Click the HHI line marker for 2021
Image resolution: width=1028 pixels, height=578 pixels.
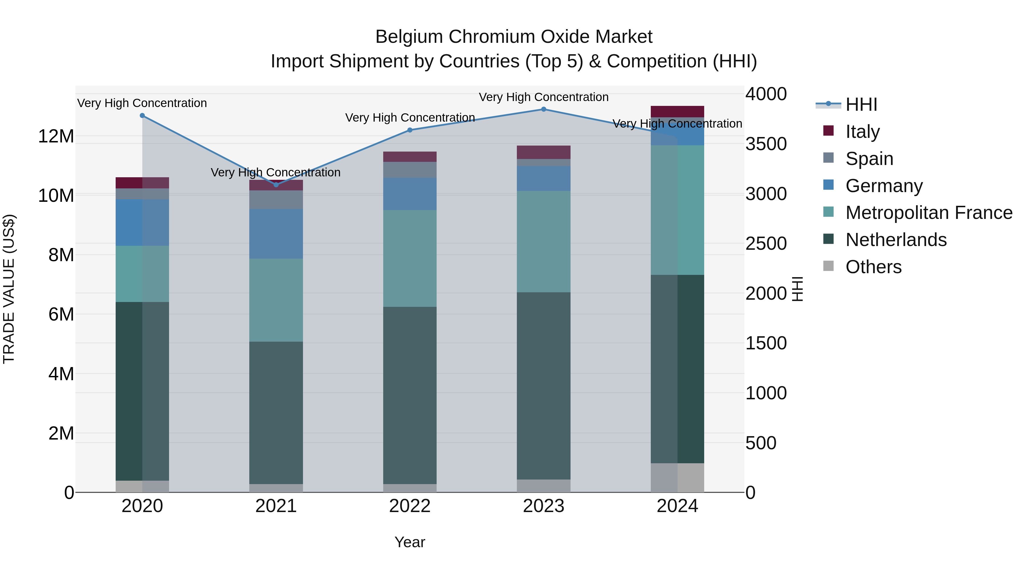(276, 185)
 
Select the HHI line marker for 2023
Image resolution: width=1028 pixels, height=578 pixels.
(543, 109)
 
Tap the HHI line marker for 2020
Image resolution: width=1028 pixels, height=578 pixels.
(142, 116)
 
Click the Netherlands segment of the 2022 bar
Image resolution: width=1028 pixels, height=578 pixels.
(410, 395)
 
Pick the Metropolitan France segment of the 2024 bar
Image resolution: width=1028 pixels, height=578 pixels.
(677, 210)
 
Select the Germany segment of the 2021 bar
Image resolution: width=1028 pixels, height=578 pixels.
(276, 234)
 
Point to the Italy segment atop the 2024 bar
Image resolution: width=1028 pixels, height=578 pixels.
(677, 111)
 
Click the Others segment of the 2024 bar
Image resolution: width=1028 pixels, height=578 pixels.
(677, 478)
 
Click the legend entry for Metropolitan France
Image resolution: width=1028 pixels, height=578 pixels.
(928, 213)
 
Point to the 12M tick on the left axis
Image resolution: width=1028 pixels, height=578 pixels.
(56, 136)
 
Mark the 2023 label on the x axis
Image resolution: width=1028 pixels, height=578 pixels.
(543, 506)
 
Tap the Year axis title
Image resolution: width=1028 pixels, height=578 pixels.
(410, 542)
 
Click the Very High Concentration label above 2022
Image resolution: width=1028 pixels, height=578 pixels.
(410, 118)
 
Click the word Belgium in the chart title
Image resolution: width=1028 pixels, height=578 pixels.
(409, 37)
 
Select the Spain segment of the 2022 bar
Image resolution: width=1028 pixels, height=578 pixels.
(410, 170)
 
